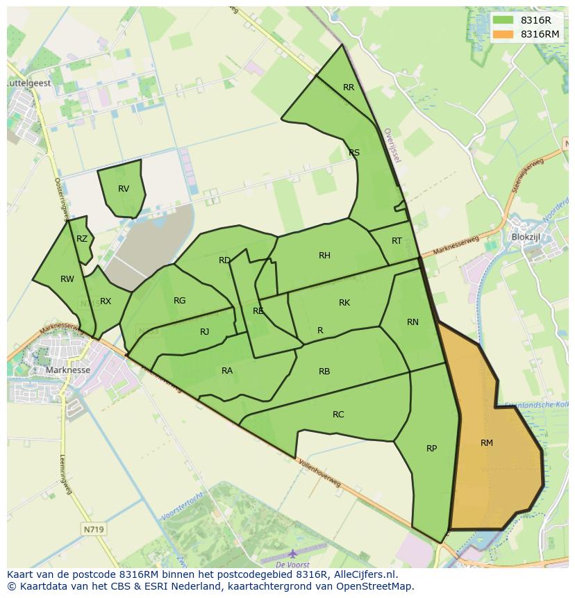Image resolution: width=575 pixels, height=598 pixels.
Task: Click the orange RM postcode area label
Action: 487,442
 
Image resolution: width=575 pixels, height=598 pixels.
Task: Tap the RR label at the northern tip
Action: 349,88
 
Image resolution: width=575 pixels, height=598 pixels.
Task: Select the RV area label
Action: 124,189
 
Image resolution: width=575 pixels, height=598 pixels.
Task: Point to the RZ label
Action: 82,239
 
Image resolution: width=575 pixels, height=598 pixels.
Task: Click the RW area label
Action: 67,279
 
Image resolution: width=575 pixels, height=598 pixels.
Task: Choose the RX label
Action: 106,301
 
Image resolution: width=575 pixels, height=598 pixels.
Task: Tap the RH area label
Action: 324,256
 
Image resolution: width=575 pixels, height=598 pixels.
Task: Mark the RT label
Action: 397,241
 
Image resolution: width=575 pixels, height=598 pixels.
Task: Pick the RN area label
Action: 412,322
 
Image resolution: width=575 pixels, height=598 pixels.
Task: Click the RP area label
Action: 431,448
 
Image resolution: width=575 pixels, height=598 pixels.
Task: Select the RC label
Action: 338,415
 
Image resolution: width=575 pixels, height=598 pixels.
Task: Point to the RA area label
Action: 227,371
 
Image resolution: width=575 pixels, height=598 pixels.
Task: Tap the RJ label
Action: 204,332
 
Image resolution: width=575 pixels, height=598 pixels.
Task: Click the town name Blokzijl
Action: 525,237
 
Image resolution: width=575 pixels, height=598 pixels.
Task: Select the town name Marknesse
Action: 67,370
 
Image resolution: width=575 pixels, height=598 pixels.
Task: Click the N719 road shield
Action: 92,529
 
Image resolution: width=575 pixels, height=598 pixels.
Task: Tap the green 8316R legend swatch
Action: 503,21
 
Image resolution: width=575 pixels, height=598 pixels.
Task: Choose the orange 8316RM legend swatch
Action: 503,34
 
